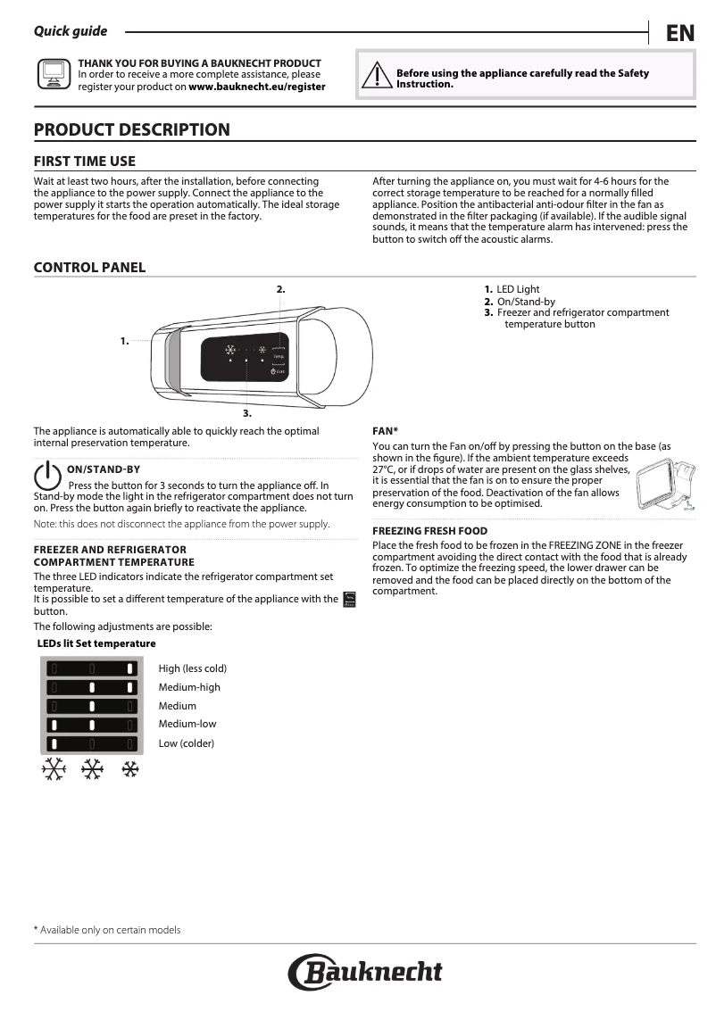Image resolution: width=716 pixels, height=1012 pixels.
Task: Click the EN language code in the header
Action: (x=679, y=33)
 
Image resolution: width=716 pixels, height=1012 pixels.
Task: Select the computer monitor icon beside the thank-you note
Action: (x=54, y=75)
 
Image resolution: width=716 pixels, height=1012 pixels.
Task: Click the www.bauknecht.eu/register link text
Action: (x=257, y=87)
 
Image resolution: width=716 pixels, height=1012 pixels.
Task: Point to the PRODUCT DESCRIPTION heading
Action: (x=131, y=129)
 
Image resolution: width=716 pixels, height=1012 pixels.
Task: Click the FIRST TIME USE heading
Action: (x=85, y=162)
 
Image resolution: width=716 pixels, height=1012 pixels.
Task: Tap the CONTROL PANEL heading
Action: (x=89, y=268)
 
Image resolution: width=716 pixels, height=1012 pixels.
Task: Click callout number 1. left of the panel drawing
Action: (x=124, y=341)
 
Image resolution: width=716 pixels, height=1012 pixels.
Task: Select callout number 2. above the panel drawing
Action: (x=280, y=289)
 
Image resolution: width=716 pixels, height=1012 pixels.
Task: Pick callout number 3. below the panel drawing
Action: (x=247, y=414)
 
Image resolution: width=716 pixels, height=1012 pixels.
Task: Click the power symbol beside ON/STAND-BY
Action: (x=46, y=476)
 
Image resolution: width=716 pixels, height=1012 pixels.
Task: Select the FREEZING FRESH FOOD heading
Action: (x=429, y=531)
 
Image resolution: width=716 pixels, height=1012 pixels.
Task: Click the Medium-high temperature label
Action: (x=189, y=687)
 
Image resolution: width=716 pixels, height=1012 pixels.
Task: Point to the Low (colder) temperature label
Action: (x=187, y=742)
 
